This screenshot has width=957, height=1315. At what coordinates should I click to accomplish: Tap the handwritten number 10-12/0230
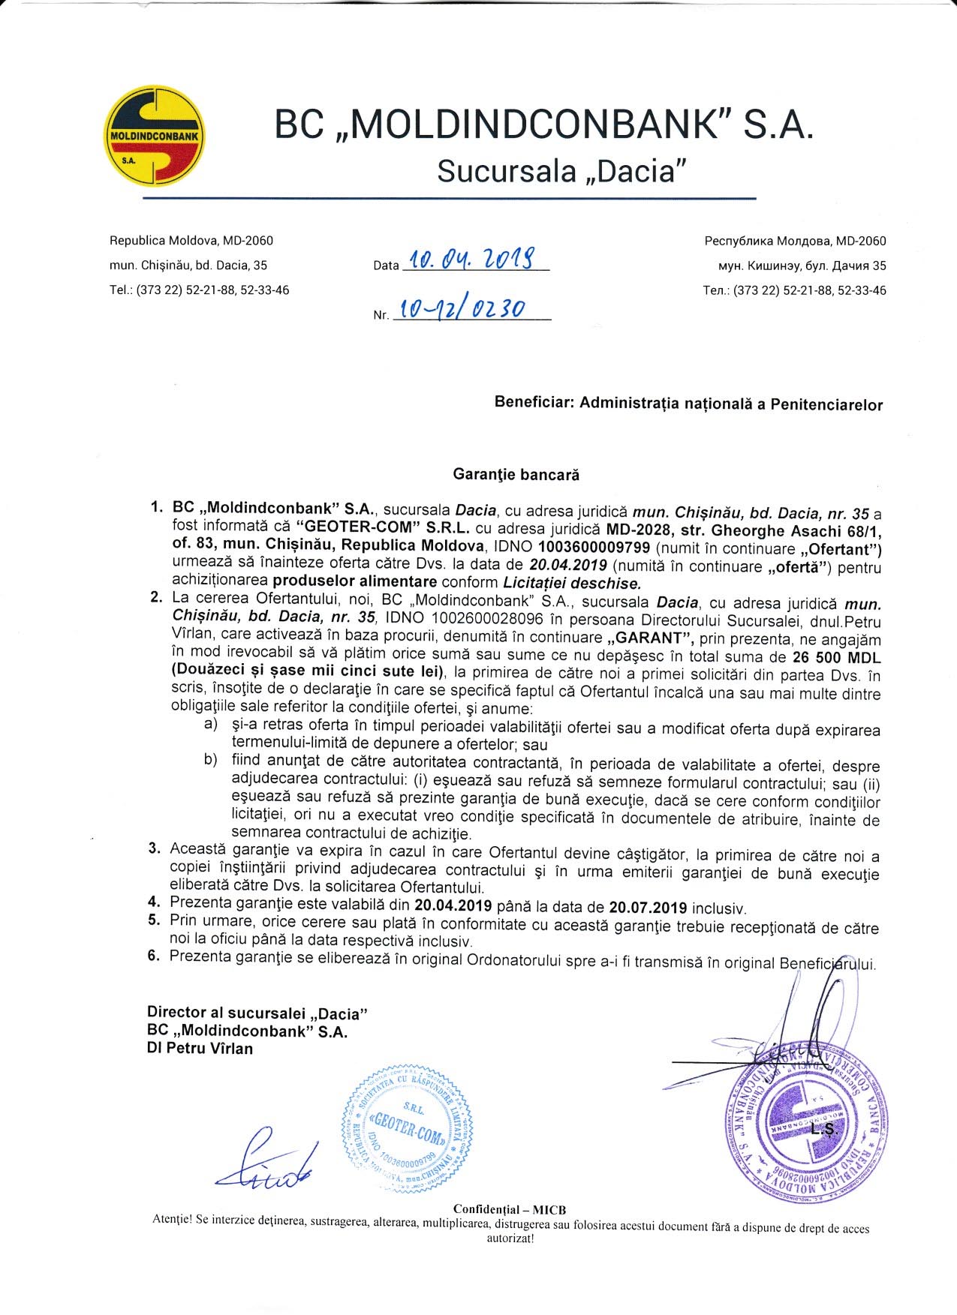[x=462, y=309]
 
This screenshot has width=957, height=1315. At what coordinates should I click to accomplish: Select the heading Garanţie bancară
[x=516, y=475]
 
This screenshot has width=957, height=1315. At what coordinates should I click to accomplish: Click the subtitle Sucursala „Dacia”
[x=562, y=171]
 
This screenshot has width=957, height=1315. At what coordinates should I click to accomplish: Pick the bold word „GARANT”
[x=649, y=639]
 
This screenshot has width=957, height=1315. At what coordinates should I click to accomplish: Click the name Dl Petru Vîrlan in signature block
[x=200, y=1049]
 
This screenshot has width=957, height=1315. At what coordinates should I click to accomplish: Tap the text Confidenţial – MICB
[x=509, y=1209]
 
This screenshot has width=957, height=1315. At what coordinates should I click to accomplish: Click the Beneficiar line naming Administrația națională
[x=688, y=404]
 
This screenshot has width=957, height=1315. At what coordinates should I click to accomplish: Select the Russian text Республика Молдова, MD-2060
[x=795, y=241]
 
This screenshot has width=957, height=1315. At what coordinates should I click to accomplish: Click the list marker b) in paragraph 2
[x=210, y=761]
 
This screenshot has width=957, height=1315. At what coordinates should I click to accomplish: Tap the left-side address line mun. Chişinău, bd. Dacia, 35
[x=188, y=265]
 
